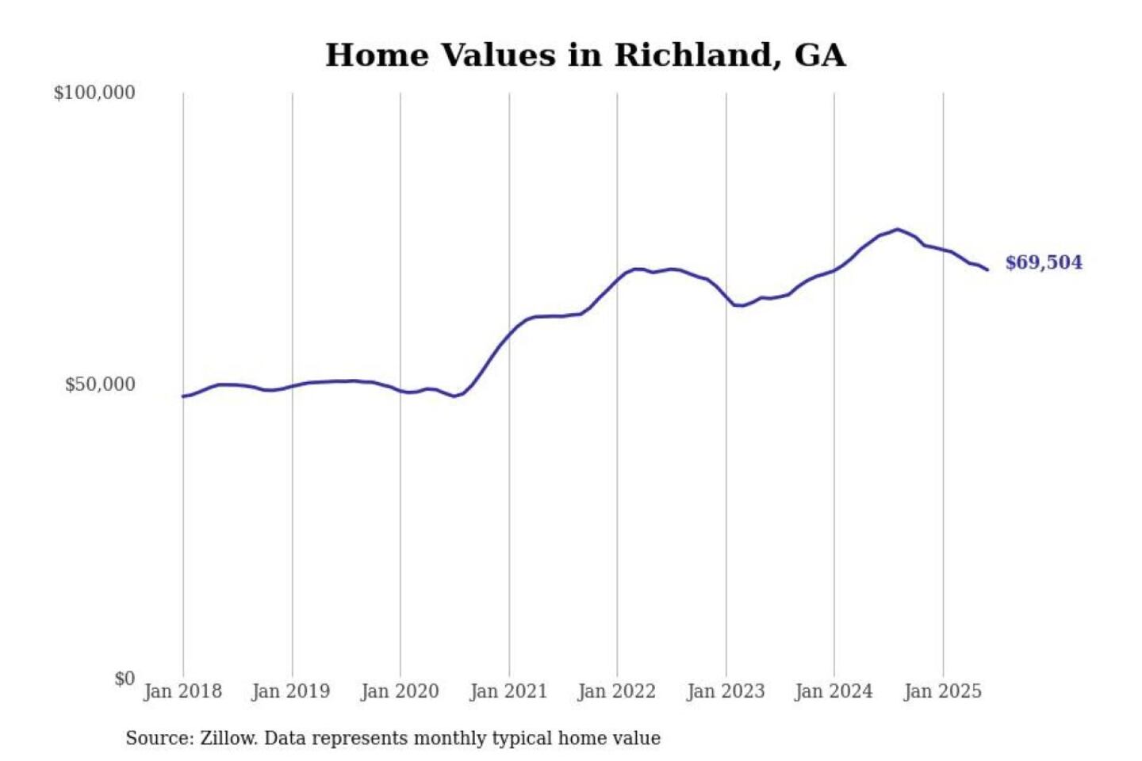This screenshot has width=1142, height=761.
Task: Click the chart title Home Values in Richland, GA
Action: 585,55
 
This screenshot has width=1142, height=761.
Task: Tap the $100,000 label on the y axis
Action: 94,93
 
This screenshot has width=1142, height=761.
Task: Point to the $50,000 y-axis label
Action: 100,385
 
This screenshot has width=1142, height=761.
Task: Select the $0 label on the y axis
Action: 125,679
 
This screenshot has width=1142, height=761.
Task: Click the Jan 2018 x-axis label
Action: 182,691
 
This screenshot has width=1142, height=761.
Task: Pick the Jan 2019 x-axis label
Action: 290,691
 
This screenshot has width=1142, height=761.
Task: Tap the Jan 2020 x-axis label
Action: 400,691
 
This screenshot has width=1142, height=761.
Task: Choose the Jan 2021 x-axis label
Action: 508,691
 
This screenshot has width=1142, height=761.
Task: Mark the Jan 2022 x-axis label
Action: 617,691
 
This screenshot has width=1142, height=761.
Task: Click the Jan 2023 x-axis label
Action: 726,691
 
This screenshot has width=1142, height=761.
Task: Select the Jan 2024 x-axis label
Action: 834,691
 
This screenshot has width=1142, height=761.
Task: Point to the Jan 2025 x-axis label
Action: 943,691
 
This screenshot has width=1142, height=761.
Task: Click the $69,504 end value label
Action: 1043,262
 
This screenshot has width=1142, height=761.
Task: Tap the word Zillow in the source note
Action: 228,739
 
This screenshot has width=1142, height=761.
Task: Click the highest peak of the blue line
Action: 898,230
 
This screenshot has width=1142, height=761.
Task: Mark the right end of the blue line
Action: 987,270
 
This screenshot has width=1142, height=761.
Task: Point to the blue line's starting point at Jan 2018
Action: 183,396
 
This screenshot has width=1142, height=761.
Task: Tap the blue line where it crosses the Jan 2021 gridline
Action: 509,334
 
